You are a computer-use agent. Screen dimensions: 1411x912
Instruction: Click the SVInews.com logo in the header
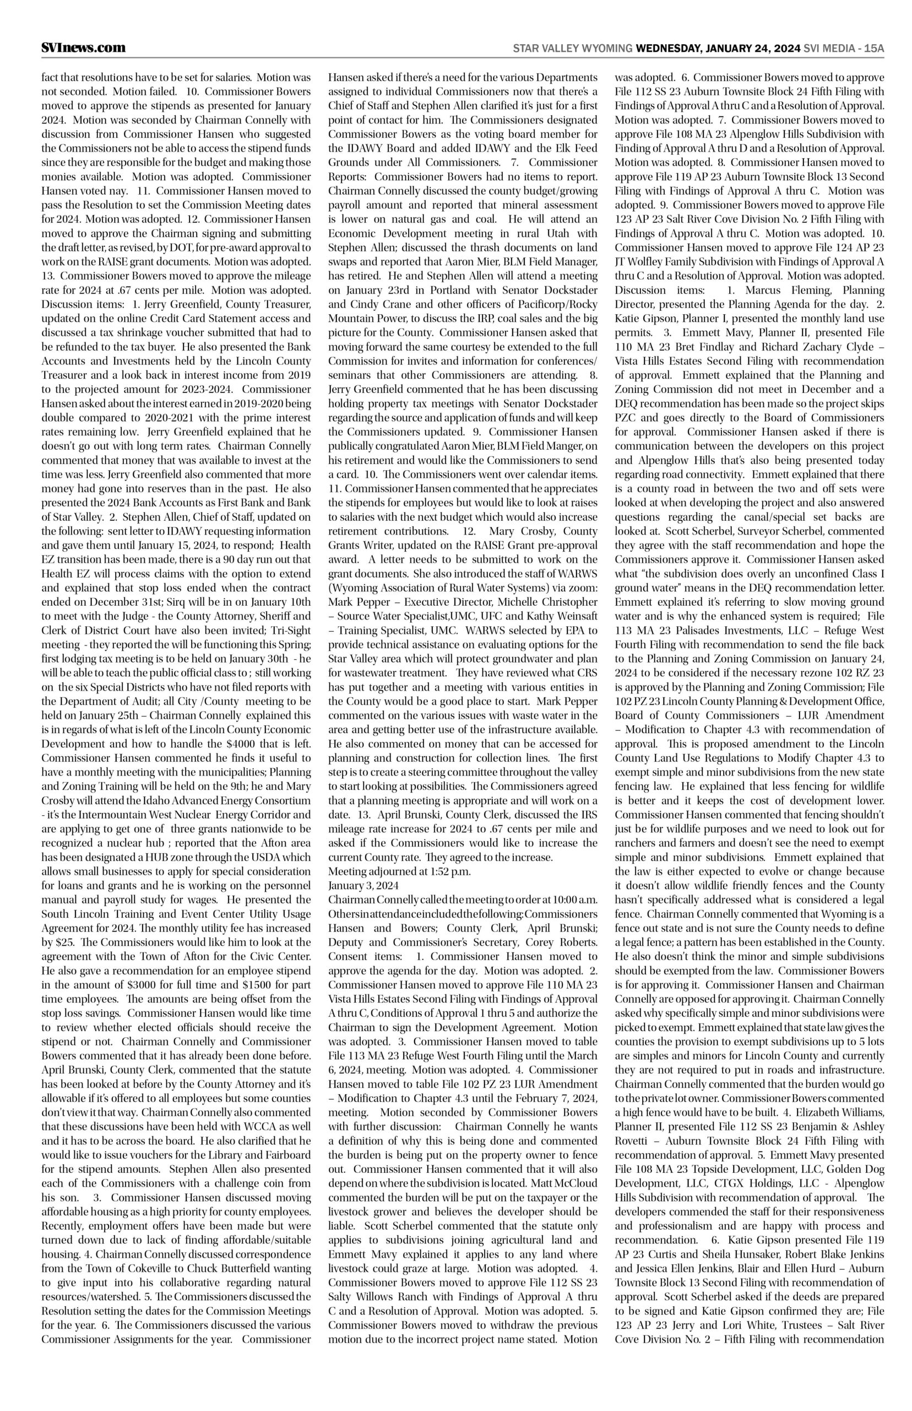[84, 48]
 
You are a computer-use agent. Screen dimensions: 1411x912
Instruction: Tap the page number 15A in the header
[873, 49]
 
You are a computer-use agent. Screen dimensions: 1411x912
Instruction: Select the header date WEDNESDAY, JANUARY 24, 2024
[718, 49]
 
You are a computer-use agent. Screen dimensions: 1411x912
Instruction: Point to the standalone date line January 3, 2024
[363, 885]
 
